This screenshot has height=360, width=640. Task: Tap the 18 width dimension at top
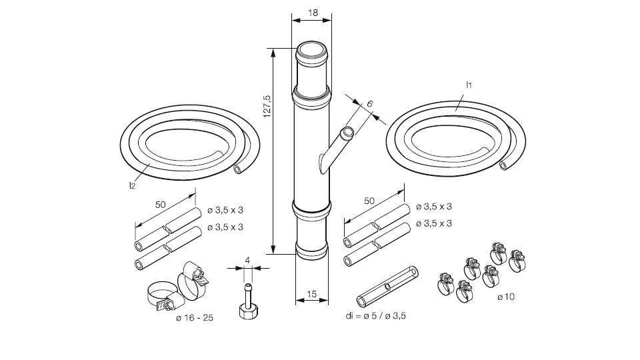coord(312,13)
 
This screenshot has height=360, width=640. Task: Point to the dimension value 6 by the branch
coord(369,104)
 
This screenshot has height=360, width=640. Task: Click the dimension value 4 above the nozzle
coord(247,260)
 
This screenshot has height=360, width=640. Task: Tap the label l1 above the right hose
coord(469,85)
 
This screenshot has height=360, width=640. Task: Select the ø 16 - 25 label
coord(195,318)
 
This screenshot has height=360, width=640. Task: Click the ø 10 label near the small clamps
coord(506,297)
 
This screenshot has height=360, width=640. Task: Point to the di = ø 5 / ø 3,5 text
coord(375,315)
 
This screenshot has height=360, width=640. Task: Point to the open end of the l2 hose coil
coord(239,170)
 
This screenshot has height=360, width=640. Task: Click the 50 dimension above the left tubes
coord(160,204)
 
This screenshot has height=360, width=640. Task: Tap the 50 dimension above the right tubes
coord(369,200)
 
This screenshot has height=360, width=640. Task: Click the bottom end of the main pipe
coord(311,252)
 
